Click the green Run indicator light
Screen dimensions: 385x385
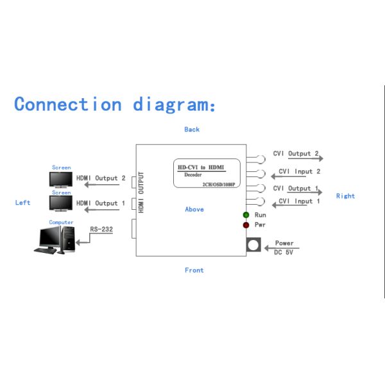pos(246,215)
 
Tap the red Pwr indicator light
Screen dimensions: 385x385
pos(246,225)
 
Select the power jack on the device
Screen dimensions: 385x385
pos(253,244)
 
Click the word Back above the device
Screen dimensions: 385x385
pos(192,130)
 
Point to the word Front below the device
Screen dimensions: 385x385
pos(194,270)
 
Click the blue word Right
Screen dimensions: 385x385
pos(345,196)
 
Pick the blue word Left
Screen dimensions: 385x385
pos(22,203)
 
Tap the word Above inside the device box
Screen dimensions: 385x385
pos(194,209)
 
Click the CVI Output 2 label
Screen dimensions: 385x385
pos(296,153)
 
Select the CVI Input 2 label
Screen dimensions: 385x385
pos(300,171)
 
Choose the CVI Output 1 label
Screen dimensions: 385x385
pos(296,188)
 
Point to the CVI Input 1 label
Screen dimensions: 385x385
pos(299,201)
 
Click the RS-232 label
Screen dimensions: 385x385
pos(101,229)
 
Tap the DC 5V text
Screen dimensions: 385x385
pos(284,252)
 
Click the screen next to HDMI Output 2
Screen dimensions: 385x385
pos(61,180)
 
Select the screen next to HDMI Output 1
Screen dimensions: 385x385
pos(61,203)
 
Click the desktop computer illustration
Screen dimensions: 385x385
pos(55,240)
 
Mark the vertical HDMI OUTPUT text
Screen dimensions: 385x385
pos(141,193)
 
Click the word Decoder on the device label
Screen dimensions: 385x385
pos(193,175)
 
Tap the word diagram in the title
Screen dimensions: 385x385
pos(174,105)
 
